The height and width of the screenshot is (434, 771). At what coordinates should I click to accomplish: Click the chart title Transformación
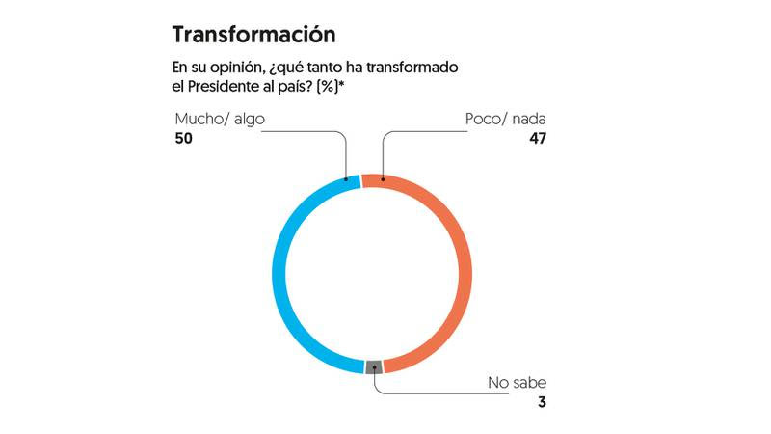(x=253, y=35)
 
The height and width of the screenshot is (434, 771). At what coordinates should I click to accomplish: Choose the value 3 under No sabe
(x=542, y=402)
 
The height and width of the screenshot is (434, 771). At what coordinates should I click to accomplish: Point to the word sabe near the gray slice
(x=529, y=383)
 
